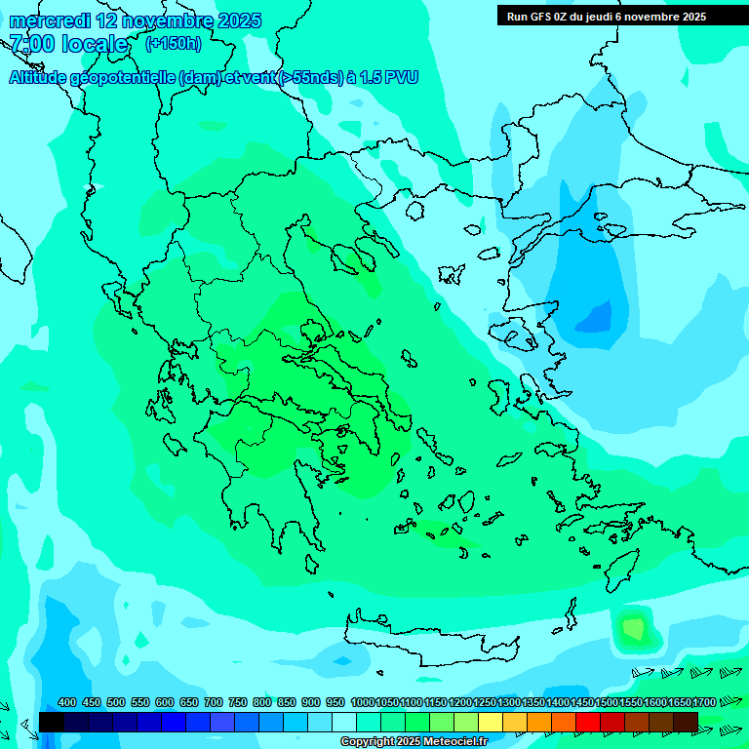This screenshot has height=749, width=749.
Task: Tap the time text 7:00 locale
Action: pos(68,44)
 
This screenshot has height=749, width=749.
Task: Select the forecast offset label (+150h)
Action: pos(174,43)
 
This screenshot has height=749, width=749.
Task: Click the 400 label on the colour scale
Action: pos(67,702)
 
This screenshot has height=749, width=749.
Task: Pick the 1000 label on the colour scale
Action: pos(362,702)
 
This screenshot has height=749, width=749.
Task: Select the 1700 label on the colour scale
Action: pos(704,702)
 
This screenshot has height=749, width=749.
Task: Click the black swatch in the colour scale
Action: pos(52,722)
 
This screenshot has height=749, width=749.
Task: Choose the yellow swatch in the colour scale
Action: pos(491,722)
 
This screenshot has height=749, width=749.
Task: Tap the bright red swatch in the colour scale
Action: pos(588,722)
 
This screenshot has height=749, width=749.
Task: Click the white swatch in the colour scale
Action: pos(344,722)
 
